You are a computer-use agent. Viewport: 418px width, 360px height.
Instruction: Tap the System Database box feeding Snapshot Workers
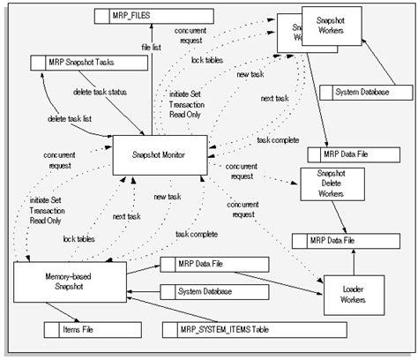tap(365, 92)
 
